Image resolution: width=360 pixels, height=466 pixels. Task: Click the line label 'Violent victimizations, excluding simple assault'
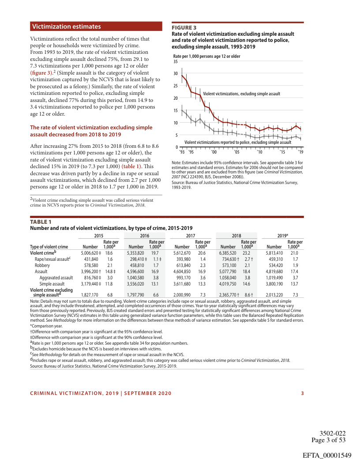[x=241, y=94]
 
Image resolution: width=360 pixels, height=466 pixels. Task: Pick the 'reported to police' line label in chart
[x=238, y=143]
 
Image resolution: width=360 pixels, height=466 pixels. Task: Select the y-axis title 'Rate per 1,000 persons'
[x=206, y=56]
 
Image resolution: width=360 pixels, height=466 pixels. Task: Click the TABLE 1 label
[x=41, y=222]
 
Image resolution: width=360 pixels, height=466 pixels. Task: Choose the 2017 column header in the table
[x=191, y=236]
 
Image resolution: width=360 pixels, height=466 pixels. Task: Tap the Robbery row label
[x=42, y=266]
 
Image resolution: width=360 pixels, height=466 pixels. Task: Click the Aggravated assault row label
[x=56, y=278]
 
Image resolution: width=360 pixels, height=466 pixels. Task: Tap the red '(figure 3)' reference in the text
[x=42, y=72]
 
